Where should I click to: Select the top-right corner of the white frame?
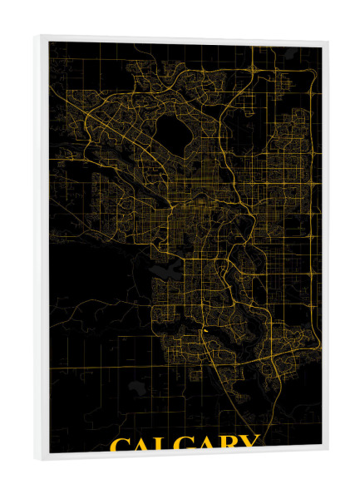click(x=327, y=42)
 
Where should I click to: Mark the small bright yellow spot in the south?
click(x=204, y=330)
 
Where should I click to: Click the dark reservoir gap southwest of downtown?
click(x=162, y=269)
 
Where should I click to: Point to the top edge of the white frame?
click(x=183, y=38)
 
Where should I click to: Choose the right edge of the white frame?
click(x=324, y=249)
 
